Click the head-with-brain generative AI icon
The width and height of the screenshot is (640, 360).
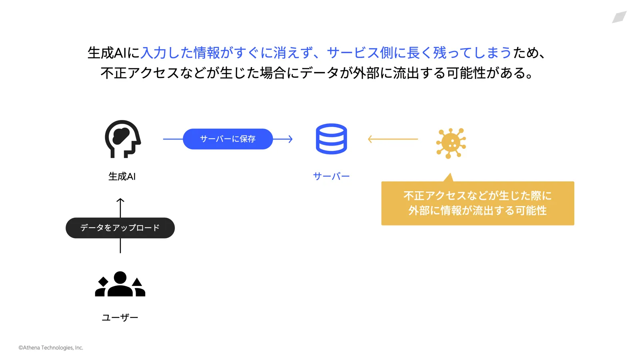coord(122,139)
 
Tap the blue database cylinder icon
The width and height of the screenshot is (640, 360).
coord(331,139)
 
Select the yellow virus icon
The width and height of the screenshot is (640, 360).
coord(451,143)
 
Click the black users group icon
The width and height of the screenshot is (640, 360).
coord(120,284)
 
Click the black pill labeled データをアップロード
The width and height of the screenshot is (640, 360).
coord(120,228)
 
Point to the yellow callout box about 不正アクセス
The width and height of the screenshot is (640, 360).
coord(478,203)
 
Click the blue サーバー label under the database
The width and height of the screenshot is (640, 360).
coord(331,176)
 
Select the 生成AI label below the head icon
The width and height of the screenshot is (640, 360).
coord(122,176)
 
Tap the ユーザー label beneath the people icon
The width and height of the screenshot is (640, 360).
coord(120,318)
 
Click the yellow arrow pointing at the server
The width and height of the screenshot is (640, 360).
coord(393,139)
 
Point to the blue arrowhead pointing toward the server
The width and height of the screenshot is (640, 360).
coord(290,139)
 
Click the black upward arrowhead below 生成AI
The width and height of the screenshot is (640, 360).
coord(120,200)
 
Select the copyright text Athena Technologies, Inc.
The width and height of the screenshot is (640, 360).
coord(51,348)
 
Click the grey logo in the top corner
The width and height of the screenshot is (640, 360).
coord(619,17)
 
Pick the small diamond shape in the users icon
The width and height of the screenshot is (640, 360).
coord(103,282)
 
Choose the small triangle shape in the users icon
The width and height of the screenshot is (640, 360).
coord(137,282)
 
